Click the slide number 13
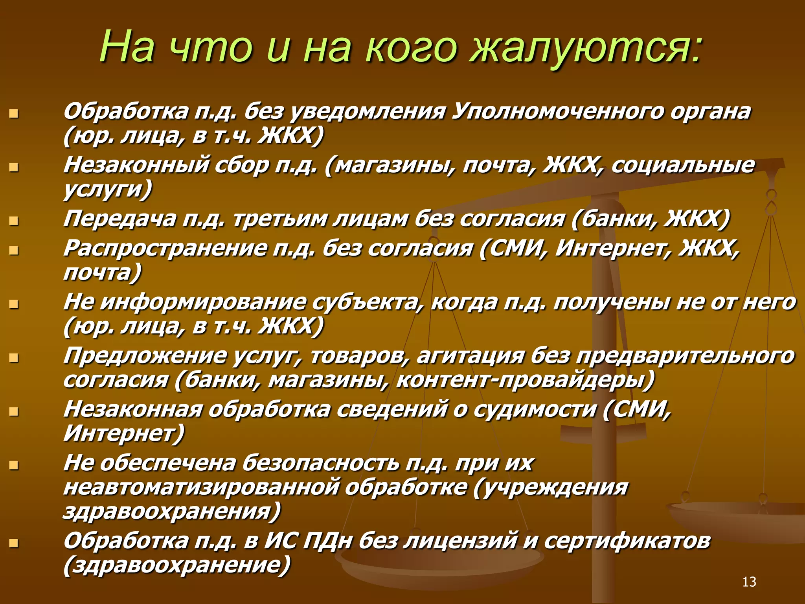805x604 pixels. coord(749,582)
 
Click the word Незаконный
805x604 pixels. coord(136,165)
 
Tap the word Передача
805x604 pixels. coord(120,219)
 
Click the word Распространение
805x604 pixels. coord(165,249)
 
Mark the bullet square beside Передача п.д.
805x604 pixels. coord(14,221)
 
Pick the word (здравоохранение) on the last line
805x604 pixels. coord(177,565)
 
